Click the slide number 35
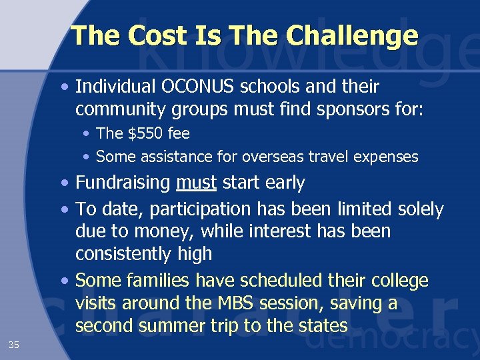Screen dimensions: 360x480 14,345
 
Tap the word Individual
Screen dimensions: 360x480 114,87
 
